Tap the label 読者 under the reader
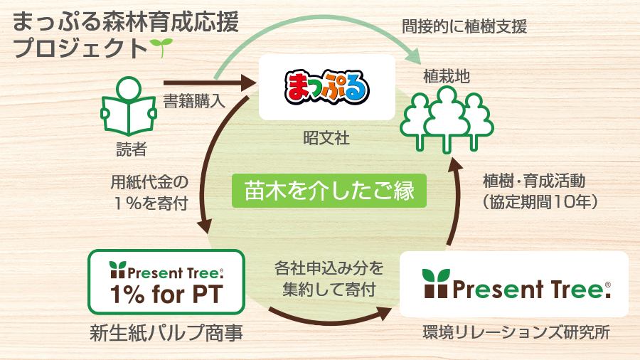pos(130,149)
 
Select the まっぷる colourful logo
pos(327,88)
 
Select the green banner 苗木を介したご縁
pos(329,191)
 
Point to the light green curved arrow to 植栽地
pos(313,28)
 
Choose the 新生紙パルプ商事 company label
pos(166,332)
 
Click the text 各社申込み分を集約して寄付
pos(329,279)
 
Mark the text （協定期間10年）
pos(544,202)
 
